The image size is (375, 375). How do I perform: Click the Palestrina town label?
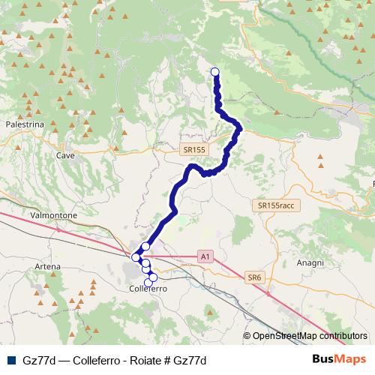click(25, 124)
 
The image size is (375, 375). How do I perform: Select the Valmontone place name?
click(52, 215)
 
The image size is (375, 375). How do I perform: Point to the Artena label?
click(47, 266)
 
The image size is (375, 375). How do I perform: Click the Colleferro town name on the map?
click(147, 288)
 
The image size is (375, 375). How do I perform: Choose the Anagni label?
click(310, 263)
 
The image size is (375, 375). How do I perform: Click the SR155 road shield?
click(193, 150)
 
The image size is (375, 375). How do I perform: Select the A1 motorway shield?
click(205, 256)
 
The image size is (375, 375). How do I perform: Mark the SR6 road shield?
click(254, 277)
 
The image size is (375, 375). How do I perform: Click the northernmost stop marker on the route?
click(215, 72)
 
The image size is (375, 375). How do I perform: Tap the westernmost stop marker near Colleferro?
click(136, 257)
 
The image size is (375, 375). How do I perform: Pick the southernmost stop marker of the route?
click(148, 282)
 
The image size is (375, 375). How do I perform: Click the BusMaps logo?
click(340, 359)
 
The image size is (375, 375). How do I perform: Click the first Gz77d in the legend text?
click(40, 360)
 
